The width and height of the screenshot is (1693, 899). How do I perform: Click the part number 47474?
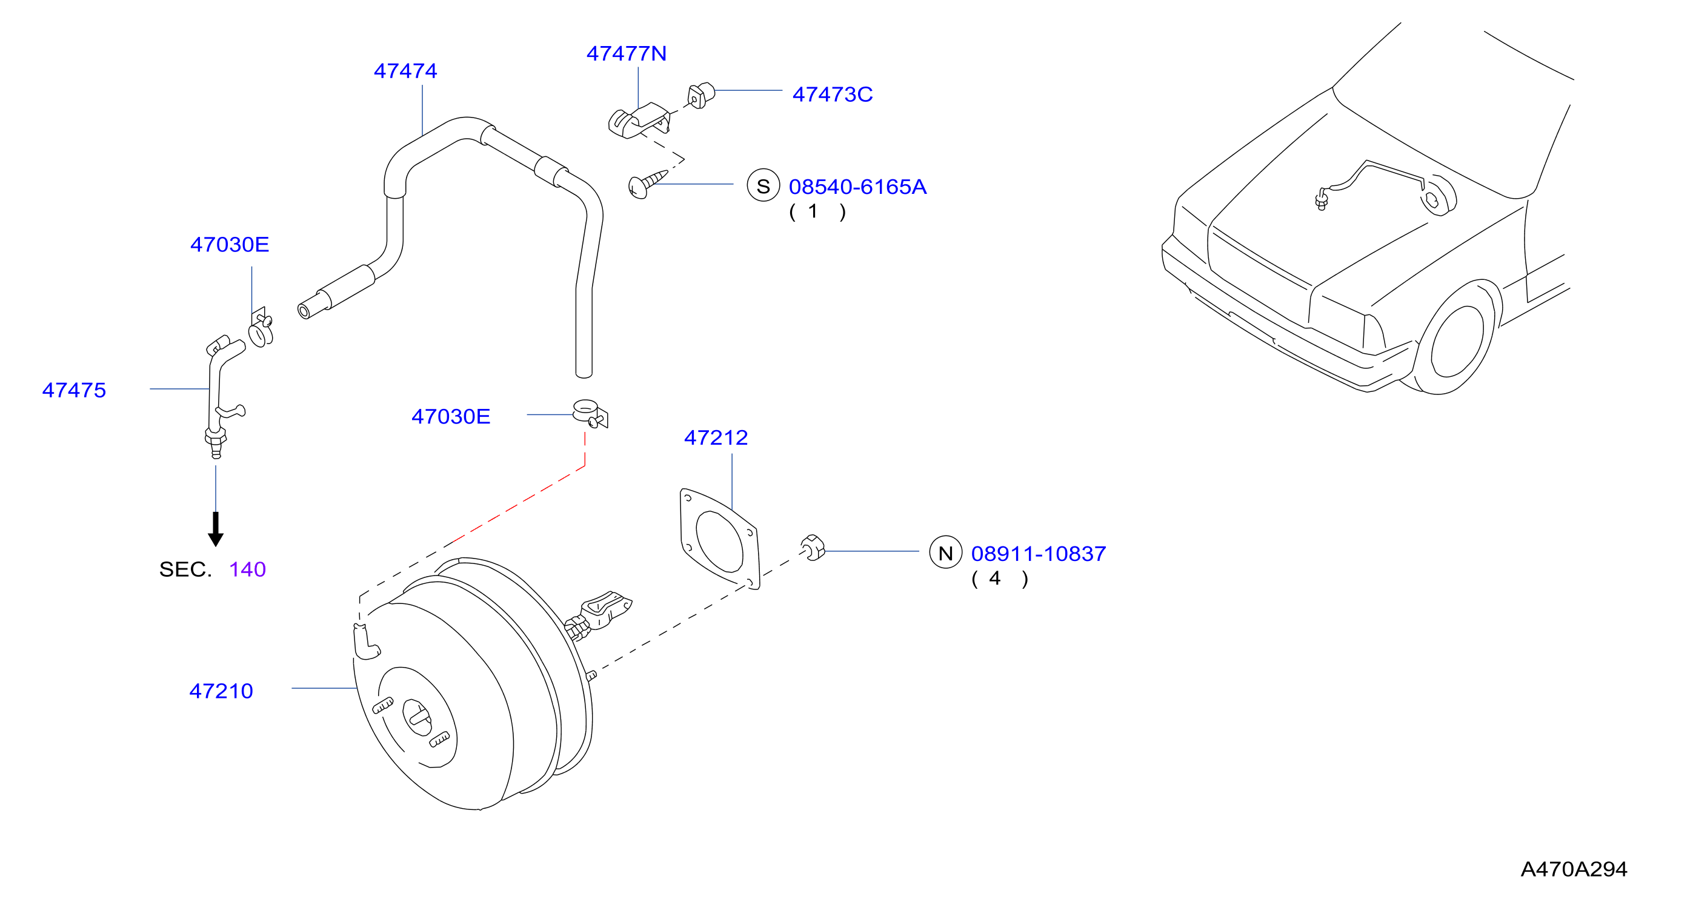click(405, 71)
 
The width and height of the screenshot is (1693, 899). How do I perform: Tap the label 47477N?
click(626, 53)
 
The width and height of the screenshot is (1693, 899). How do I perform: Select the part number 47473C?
click(832, 95)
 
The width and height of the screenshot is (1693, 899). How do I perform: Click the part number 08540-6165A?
click(857, 187)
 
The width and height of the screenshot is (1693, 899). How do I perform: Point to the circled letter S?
click(763, 186)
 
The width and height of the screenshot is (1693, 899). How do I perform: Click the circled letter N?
click(946, 552)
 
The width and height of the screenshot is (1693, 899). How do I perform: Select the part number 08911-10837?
click(1039, 553)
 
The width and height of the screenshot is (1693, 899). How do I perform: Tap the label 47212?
click(716, 437)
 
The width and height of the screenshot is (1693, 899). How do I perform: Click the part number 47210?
click(221, 691)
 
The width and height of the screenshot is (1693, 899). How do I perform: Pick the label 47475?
click(75, 390)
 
